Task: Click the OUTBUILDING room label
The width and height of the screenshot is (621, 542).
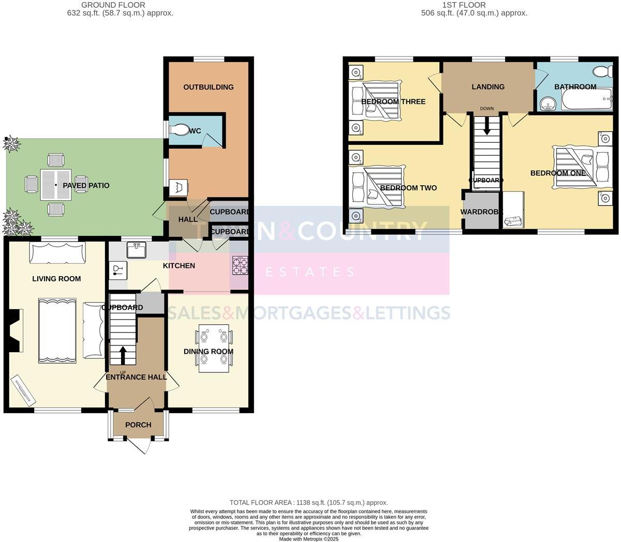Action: click(x=208, y=87)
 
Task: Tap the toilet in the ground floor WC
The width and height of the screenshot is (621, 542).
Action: click(x=180, y=129)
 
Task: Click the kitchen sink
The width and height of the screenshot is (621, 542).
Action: click(x=137, y=250)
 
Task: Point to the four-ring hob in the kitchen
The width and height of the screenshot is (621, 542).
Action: click(x=240, y=266)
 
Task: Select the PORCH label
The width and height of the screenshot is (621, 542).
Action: click(x=138, y=425)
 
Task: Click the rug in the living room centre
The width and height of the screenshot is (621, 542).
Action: click(x=57, y=329)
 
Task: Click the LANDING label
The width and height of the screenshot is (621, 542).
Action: click(x=487, y=87)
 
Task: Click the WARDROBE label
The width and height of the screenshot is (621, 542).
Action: click(x=481, y=212)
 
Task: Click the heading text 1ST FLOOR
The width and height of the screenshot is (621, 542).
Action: click(x=464, y=5)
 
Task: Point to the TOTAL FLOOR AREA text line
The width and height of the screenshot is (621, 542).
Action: click(x=308, y=502)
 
